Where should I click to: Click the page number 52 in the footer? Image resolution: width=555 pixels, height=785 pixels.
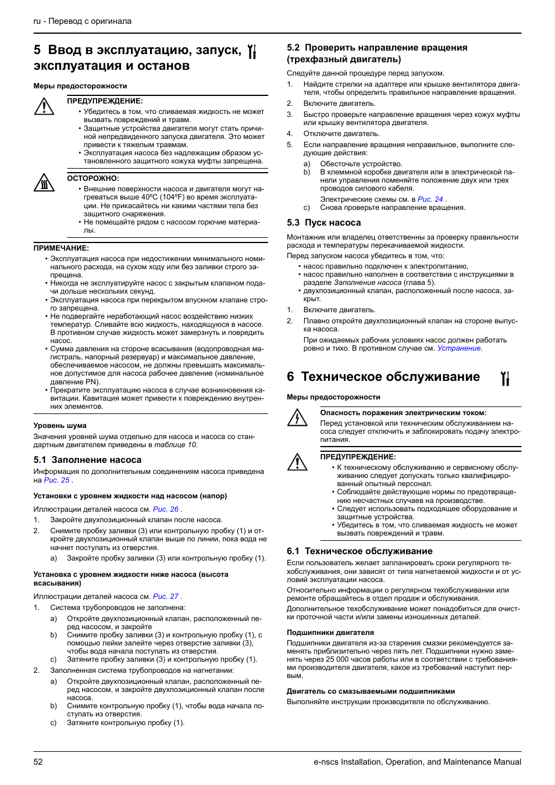point(38,762)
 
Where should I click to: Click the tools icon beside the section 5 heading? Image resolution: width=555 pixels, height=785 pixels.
point(252,52)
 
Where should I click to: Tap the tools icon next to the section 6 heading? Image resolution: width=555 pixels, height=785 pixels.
point(505,379)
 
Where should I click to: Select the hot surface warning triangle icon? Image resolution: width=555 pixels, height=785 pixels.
point(44,183)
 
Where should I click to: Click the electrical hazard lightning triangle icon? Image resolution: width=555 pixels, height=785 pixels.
point(297,418)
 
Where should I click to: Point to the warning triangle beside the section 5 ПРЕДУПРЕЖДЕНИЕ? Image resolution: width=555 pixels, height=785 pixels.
point(44,106)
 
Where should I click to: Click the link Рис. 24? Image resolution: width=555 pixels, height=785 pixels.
point(431,199)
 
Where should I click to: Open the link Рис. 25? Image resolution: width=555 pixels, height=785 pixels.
point(56,480)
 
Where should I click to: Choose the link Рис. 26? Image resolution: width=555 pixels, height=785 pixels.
point(166,509)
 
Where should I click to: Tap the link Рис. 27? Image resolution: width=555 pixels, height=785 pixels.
point(166,597)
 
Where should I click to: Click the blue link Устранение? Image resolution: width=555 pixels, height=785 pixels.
point(459,348)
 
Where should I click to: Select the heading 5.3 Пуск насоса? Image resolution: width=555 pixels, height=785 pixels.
point(323,223)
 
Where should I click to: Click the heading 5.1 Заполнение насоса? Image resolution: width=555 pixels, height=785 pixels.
point(87,460)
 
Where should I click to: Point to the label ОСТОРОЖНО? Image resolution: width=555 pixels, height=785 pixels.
point(93,179)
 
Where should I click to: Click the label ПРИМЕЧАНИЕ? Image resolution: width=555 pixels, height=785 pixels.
point(61,248)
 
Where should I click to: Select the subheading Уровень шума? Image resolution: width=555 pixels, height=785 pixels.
point(60,426)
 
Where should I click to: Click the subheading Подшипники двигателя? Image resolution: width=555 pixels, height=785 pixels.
point(330,633)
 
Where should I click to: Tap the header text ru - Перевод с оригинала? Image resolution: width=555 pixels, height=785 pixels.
point(83,21)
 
